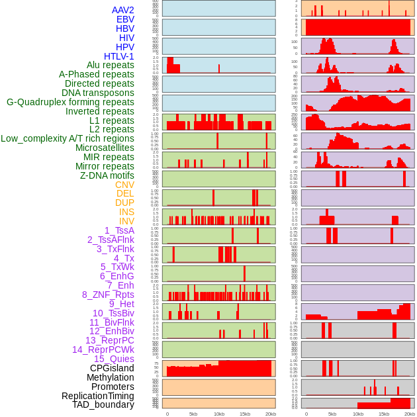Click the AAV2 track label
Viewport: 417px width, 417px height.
123,11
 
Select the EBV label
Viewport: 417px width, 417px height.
125,20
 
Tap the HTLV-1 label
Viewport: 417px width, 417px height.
119,56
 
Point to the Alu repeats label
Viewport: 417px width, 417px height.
111,65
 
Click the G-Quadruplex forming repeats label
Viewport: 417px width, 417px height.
70,102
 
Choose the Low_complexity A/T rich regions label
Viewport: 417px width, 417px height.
68,138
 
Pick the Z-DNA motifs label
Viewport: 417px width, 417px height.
107,175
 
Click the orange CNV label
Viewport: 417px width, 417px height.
124,185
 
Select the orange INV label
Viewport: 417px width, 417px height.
126,221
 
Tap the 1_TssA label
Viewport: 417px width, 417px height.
119,230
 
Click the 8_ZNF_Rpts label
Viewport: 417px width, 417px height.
108,295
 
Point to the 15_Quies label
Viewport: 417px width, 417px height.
114,359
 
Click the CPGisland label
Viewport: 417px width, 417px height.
112,368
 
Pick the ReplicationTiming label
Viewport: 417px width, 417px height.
98,396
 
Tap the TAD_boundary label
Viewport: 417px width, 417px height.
103,404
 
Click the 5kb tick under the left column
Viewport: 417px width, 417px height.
193,414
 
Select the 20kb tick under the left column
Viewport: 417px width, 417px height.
271,414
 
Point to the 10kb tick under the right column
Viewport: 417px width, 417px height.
358,414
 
